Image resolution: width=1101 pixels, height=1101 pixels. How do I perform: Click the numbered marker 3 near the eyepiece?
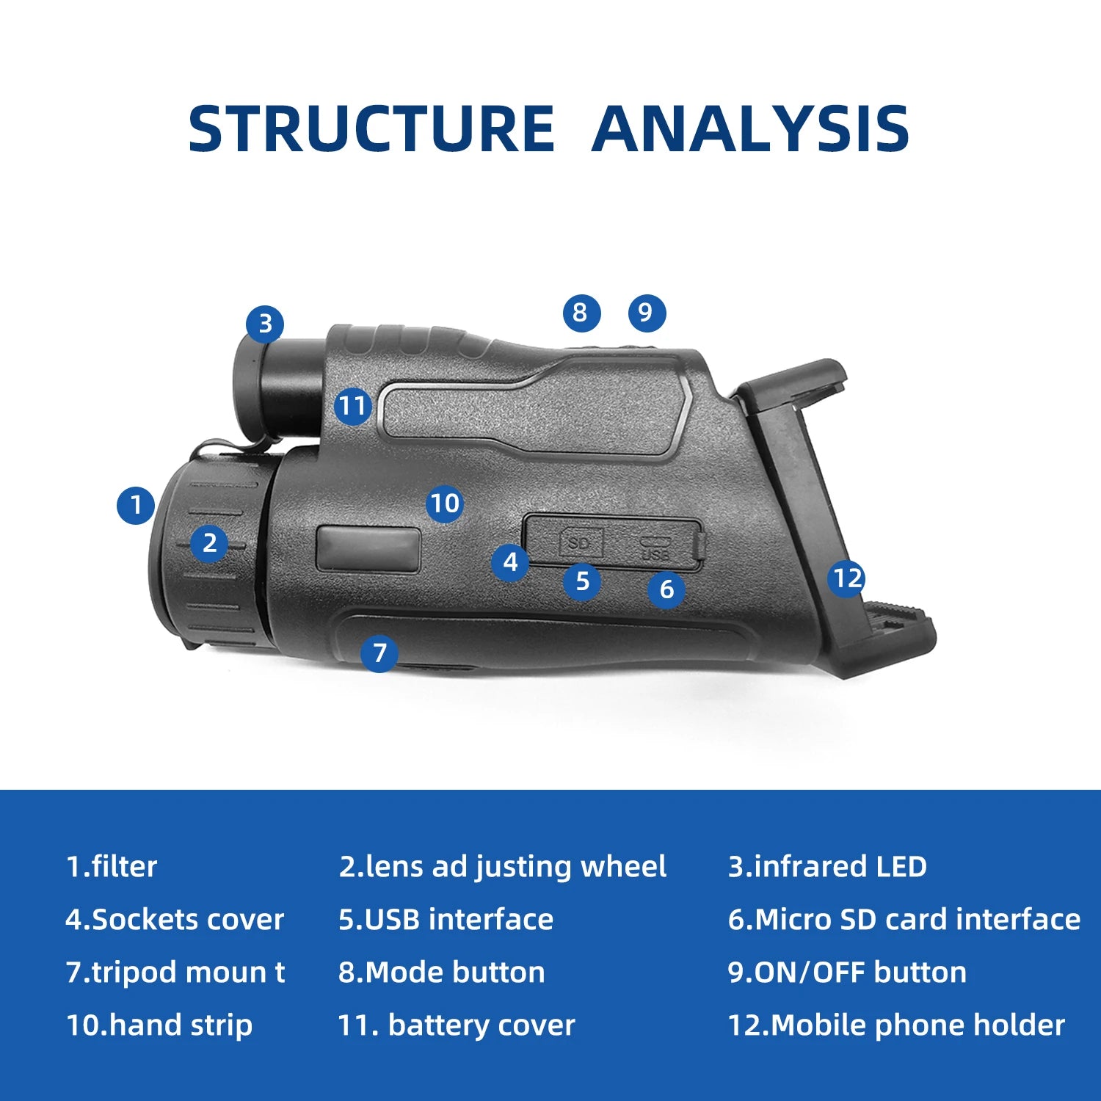click(265, 324)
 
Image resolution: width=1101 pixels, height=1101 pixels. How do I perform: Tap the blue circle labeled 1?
click(136, 505)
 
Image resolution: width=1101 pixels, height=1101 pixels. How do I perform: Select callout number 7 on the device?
click(379, 653)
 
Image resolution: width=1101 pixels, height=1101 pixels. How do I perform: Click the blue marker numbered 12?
click(847, 578)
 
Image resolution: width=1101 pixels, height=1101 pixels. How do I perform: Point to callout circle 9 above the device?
click(646, 313)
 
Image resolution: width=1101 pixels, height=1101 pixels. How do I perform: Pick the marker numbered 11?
click(352, 406)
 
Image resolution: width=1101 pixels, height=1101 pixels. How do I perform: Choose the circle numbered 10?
click(445, 504)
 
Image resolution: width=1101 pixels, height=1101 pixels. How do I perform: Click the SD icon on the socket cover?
click(580, 542)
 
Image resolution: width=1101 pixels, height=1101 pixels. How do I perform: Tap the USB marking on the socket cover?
click(655, 550)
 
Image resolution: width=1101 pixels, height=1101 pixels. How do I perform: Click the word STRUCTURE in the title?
click(371, 129)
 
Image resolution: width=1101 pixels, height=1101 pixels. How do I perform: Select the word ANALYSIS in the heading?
click(750, 129)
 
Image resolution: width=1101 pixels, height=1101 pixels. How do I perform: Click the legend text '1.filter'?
click(112, 867)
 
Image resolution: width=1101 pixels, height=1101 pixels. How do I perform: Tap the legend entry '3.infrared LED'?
click(827, 867)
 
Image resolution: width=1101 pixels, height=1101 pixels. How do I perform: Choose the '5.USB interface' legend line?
click(446, 920)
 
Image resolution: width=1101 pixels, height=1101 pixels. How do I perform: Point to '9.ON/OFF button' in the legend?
click(847, 973)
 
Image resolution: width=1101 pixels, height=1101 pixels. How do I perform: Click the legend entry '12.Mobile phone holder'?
click(896, 1025)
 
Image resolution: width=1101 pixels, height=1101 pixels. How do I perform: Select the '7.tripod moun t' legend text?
click(175, 973)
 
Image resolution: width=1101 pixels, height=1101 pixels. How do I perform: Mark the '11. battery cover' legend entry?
click(456, 1025)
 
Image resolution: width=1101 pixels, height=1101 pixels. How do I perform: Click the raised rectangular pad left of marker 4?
click(368, 548)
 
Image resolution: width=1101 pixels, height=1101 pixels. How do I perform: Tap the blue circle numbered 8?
click(581, 313)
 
